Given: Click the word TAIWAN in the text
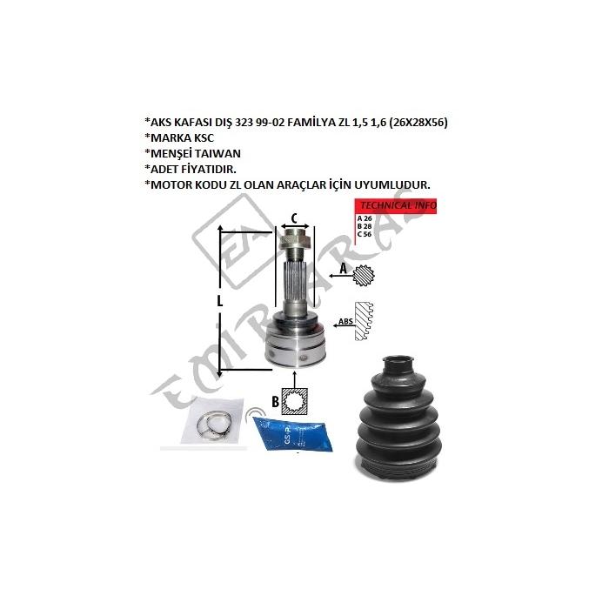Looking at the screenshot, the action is coord(217,153).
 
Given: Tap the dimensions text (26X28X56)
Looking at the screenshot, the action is coord(418,123).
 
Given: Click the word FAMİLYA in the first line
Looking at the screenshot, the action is coord(310,123).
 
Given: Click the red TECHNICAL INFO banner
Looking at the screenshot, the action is coord(396,205).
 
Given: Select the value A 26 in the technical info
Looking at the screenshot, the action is coord(365,218).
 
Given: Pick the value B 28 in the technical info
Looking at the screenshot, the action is coord(365,226).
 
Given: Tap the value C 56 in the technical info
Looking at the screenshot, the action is coord(365,234).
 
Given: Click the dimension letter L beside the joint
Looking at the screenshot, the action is coord(220,301).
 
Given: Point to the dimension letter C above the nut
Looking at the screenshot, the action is coord(294,218).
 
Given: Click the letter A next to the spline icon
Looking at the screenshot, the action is coord(344,268).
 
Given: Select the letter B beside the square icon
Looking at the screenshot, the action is coord(275,401).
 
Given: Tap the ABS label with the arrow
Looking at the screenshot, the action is coord(345,322).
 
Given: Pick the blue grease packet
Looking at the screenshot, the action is coord(292,434).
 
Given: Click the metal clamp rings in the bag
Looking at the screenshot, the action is coord(214,425).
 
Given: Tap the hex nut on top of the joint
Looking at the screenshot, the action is coord(295,241).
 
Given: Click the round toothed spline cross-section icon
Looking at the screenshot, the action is coord(365,276).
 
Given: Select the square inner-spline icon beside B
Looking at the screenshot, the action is coord(295,401).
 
